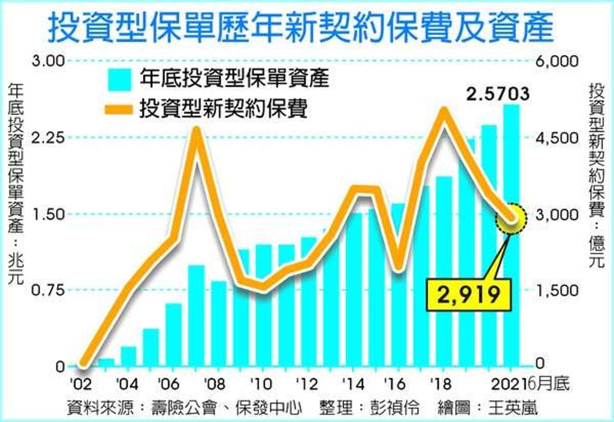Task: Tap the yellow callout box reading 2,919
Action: (x=469, y=295)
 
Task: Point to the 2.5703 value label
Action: (x=498, y=94)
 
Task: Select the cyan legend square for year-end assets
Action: (x=119, y=80)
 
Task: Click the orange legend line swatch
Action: (x=119, y=109)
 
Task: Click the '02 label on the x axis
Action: (x=81, y=384)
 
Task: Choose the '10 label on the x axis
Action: (x=261, y=384)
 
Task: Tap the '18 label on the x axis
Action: (x=441, y=384)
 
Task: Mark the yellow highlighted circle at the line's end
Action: (x=511, y=219)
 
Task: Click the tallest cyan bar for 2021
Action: (x=511, y=236)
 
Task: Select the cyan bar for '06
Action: (x=173, y=336)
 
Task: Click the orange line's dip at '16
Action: (x=399, y=267)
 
